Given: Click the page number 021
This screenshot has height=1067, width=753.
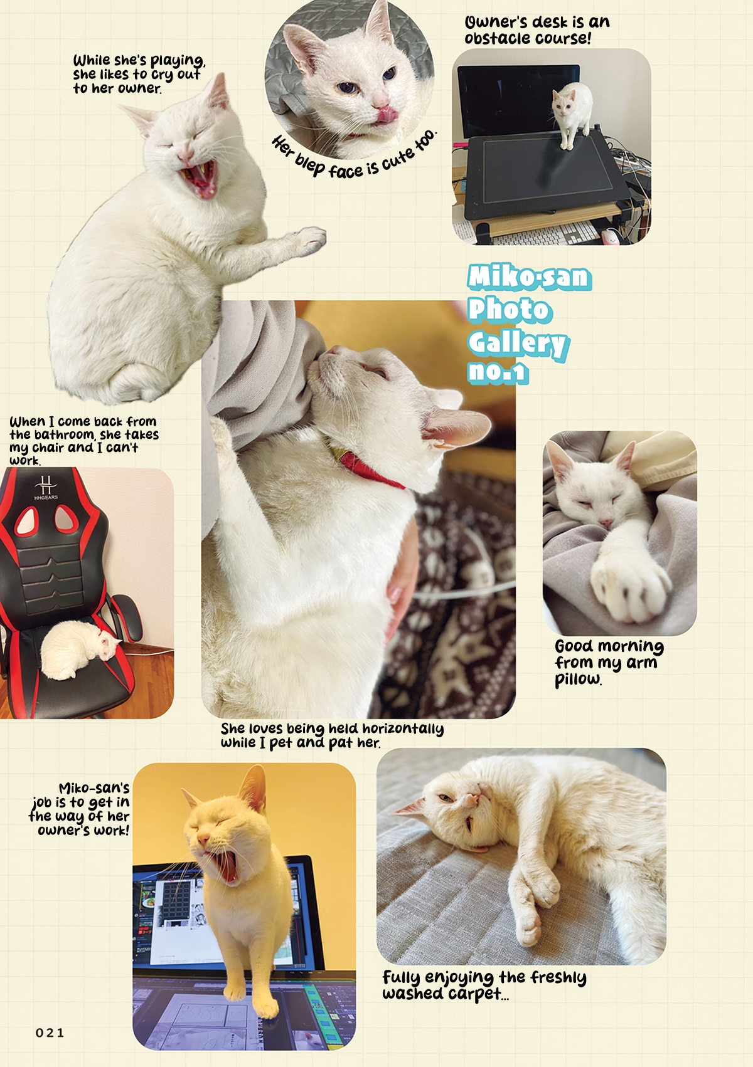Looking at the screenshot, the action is [50, 1033].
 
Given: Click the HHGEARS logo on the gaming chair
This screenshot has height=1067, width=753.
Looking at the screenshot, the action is [46, 488].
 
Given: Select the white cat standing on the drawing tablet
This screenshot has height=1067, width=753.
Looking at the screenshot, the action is [572, 113].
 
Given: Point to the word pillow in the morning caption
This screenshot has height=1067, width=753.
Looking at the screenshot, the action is [577, 679].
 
